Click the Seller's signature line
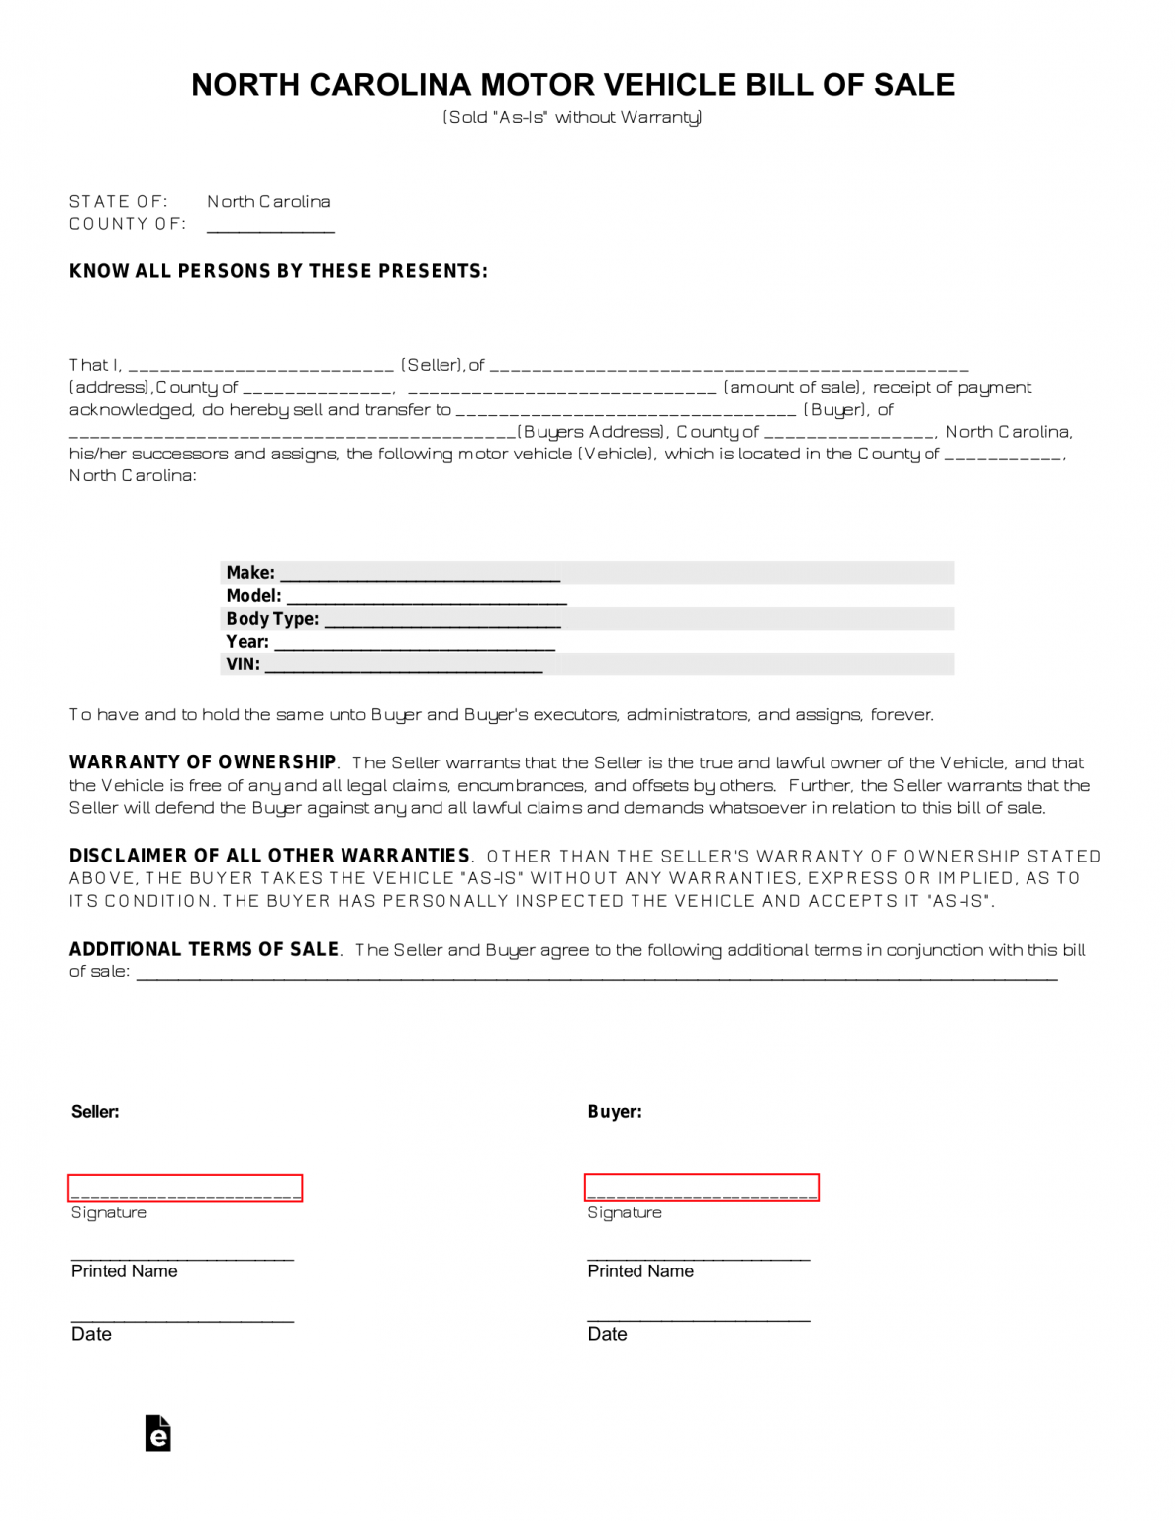(185, 1188)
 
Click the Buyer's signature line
(701, 1187)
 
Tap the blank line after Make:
(421, 573)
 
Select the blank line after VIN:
(404, 664)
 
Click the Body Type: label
(272, 619)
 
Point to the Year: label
(247, 642)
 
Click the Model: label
(253, 596)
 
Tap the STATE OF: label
(118, 201)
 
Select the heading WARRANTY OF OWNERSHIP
(203, 762)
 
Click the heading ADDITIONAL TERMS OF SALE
(204, 949)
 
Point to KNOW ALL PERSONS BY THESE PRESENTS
(278, 271)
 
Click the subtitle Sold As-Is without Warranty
(572, 117)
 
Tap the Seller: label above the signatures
(95, 1112)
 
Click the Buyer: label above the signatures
(615, 1112)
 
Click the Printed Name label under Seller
(125, 1271)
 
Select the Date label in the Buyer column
(607, 1334)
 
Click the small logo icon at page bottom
(158, 1433)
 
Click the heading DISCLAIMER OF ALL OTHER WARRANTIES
(269, 856)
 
